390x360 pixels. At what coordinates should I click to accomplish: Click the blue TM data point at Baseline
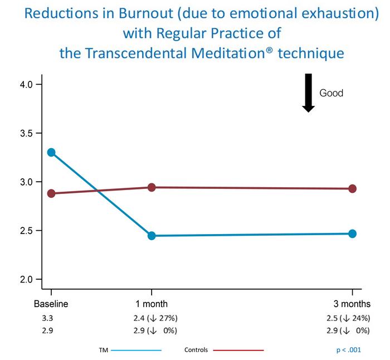[x=51, y=152]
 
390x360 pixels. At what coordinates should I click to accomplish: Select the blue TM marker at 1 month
[x=151, y=236]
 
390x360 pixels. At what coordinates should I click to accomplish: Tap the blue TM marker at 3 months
[x=352, y=233]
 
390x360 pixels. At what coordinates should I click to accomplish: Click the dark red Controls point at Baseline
[x=51, y=193]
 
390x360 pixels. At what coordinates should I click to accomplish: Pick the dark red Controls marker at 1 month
[x=151, y=187]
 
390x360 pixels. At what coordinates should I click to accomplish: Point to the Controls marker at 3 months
[x=352, y=188]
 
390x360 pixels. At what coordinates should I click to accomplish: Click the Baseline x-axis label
[x=51, y=304]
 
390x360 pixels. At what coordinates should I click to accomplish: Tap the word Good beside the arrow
[x=331, y=93]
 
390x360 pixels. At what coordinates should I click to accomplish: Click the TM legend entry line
[x=136, y=351]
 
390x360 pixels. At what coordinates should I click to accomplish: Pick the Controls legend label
[x=196, y=351]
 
